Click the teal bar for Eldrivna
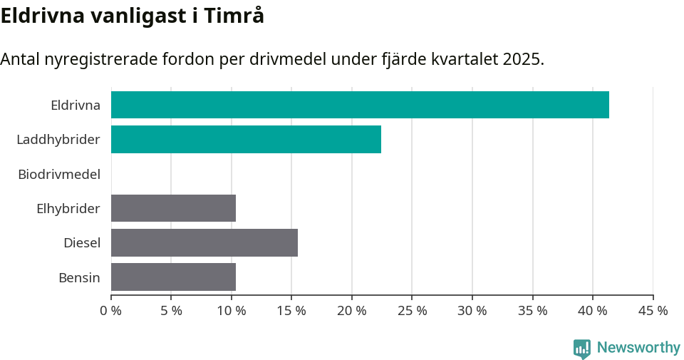coord(360,105)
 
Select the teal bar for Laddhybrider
coord(246,139)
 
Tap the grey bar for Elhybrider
coord(173,208)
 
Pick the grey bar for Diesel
coord(204,242)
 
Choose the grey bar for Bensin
coord(173,277)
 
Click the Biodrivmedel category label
coord(59,174)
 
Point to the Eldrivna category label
coord(76,106)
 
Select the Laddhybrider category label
coord(58,140)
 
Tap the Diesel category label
coord(82,243)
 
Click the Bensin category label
coord(80,277)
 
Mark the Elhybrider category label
coord(68,209)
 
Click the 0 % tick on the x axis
coord(111,311)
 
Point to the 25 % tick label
coord(413,311)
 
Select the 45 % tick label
coord(653,311)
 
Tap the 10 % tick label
coord(232,311)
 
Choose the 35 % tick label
coord(533,311)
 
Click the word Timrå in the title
coord(234,16)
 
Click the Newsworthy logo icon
coord(582,349)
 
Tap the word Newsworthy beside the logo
coord(638,348)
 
